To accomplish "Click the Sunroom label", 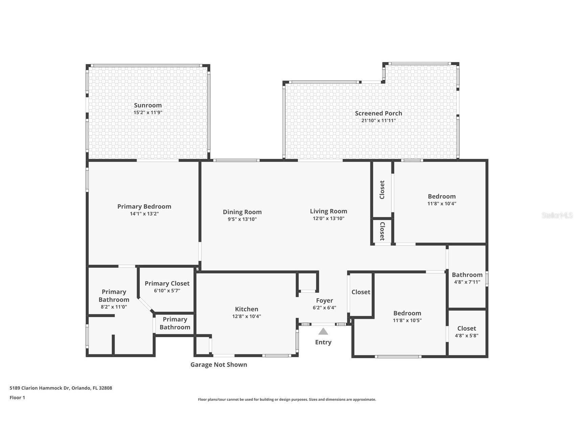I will (x=148, y=105).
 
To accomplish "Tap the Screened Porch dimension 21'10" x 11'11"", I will (x=378, y=121).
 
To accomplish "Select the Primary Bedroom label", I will (x=144, y=206).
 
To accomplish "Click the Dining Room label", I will (x=242, y=212).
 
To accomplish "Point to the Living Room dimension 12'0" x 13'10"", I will (x=328, y=219).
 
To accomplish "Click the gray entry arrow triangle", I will (x=323, y=331).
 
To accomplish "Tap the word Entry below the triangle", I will (x=323, y=342).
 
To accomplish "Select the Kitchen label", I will (x=247, y=309).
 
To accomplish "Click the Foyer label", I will (x=324, y=301).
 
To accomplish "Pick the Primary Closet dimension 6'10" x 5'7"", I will (x=167, y=291).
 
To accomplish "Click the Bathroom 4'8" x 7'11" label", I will (x=467, y=275).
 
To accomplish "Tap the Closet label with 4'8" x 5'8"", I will (x=466, y=328).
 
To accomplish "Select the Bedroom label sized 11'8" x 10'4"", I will (x=441, y=197).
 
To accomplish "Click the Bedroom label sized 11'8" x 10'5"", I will (x=407, y=313).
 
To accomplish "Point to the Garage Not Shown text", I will (x=219, y=365).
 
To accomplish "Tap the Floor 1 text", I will (x=17, y=398).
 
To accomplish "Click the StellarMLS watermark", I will (x=557, y=215).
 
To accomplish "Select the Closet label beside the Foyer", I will (x=361, y=292).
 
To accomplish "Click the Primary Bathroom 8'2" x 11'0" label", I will (x=114, y=296).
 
